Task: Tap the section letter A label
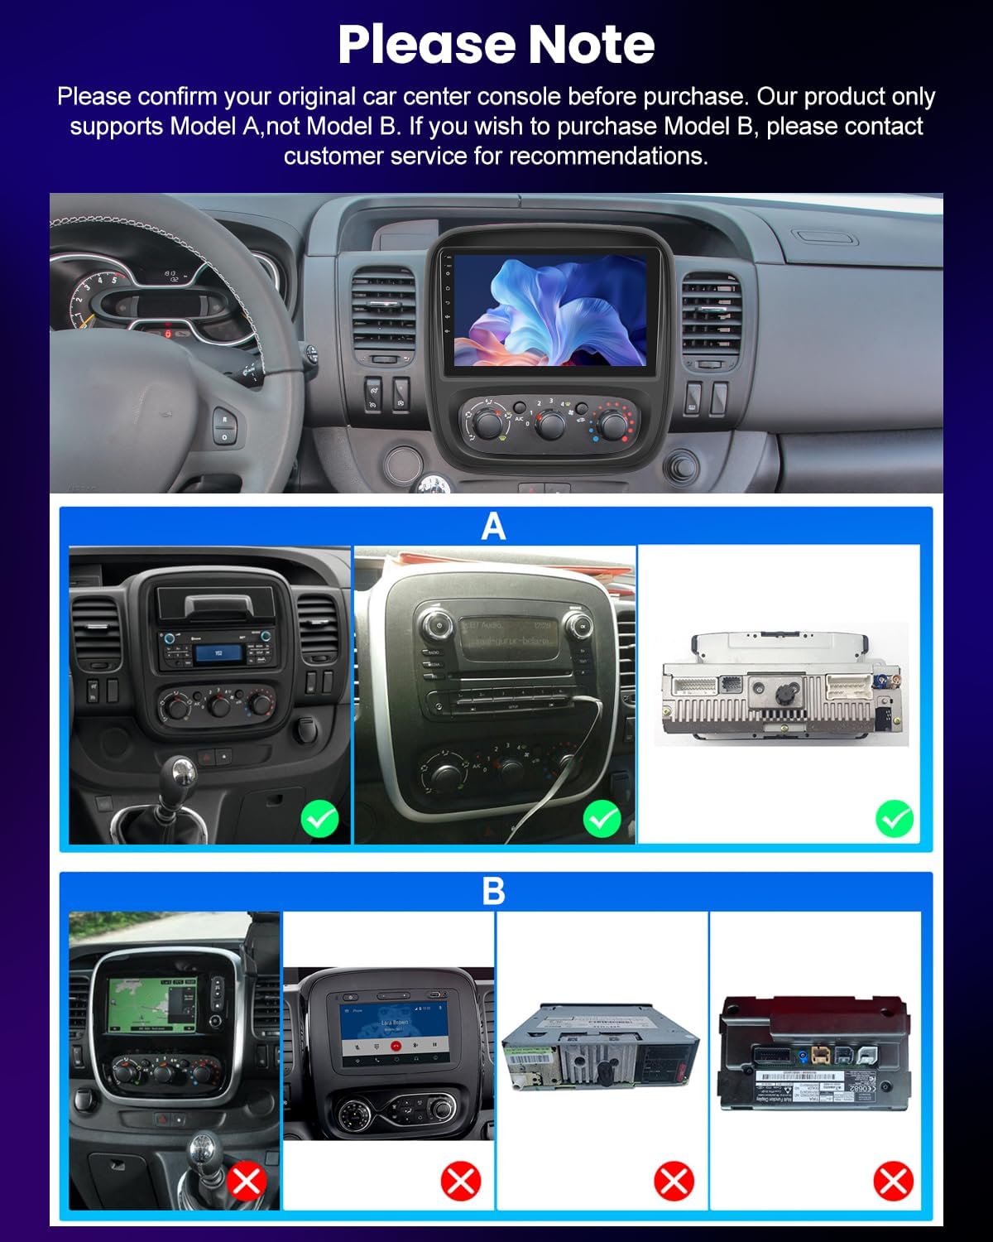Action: [x=493, y=526]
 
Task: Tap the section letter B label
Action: [x=493, y=891]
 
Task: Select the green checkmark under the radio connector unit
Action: [x=894, y=819]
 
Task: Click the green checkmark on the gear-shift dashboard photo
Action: [x=319, y=819]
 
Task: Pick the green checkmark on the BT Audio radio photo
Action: [x=602, y=819]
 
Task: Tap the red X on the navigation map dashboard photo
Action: [x=246, y=1181]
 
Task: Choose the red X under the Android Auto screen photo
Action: [x=460, y=1181]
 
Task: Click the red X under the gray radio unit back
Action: [x=674, y=1181]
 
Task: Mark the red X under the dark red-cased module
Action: [x=893, y=1181]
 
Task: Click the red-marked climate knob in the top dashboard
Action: [x=612, y=424]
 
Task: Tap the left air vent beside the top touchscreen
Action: [x=382, y=315]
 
